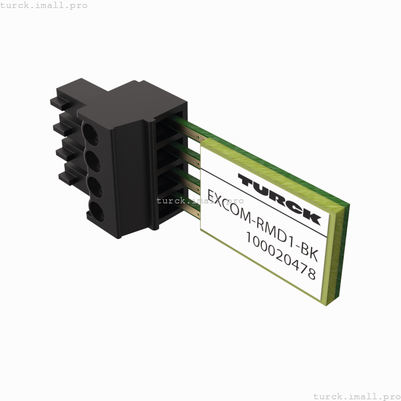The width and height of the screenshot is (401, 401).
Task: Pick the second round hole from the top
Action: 92,159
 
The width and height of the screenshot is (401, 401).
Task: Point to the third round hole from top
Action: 95,185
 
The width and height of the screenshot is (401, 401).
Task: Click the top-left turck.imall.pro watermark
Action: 44,5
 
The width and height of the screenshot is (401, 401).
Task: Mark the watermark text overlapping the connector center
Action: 200,200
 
